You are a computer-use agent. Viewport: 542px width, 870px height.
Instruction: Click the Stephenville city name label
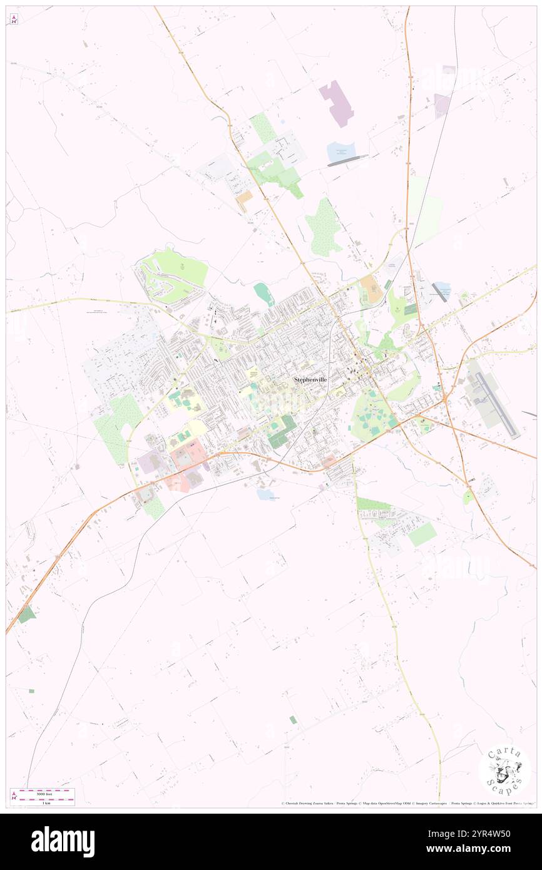310,379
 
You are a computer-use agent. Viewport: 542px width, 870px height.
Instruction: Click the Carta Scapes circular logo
504,770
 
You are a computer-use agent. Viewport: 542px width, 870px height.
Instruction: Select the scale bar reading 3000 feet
43,793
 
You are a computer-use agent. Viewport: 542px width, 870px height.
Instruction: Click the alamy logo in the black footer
63,842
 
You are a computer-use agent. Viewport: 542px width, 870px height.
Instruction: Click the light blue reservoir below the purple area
340,151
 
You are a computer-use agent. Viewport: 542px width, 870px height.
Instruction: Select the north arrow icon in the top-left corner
13,19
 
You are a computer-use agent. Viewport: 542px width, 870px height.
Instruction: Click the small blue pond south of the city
265,494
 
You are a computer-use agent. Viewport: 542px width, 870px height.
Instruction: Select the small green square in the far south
292,720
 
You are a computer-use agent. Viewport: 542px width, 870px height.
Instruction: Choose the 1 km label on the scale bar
43,802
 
